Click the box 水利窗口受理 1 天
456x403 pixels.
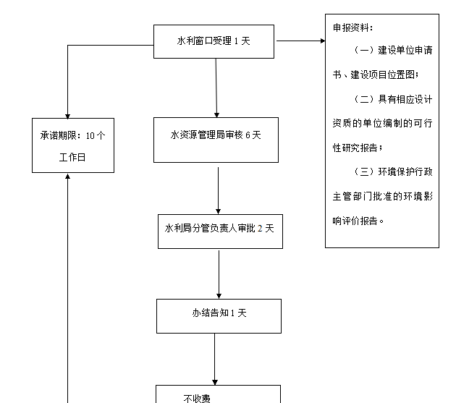214,41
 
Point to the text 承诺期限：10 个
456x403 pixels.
72,135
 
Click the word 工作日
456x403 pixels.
72,157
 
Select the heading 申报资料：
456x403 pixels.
353,27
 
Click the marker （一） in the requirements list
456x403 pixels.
363,51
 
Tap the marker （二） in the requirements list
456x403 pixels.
363,99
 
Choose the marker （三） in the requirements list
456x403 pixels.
363,171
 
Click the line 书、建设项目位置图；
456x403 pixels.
375,75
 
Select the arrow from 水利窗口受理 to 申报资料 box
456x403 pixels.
300,41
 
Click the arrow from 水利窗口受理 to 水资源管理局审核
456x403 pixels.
216,87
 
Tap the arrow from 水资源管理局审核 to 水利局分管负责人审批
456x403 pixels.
218,190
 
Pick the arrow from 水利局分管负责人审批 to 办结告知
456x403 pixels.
219,273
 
